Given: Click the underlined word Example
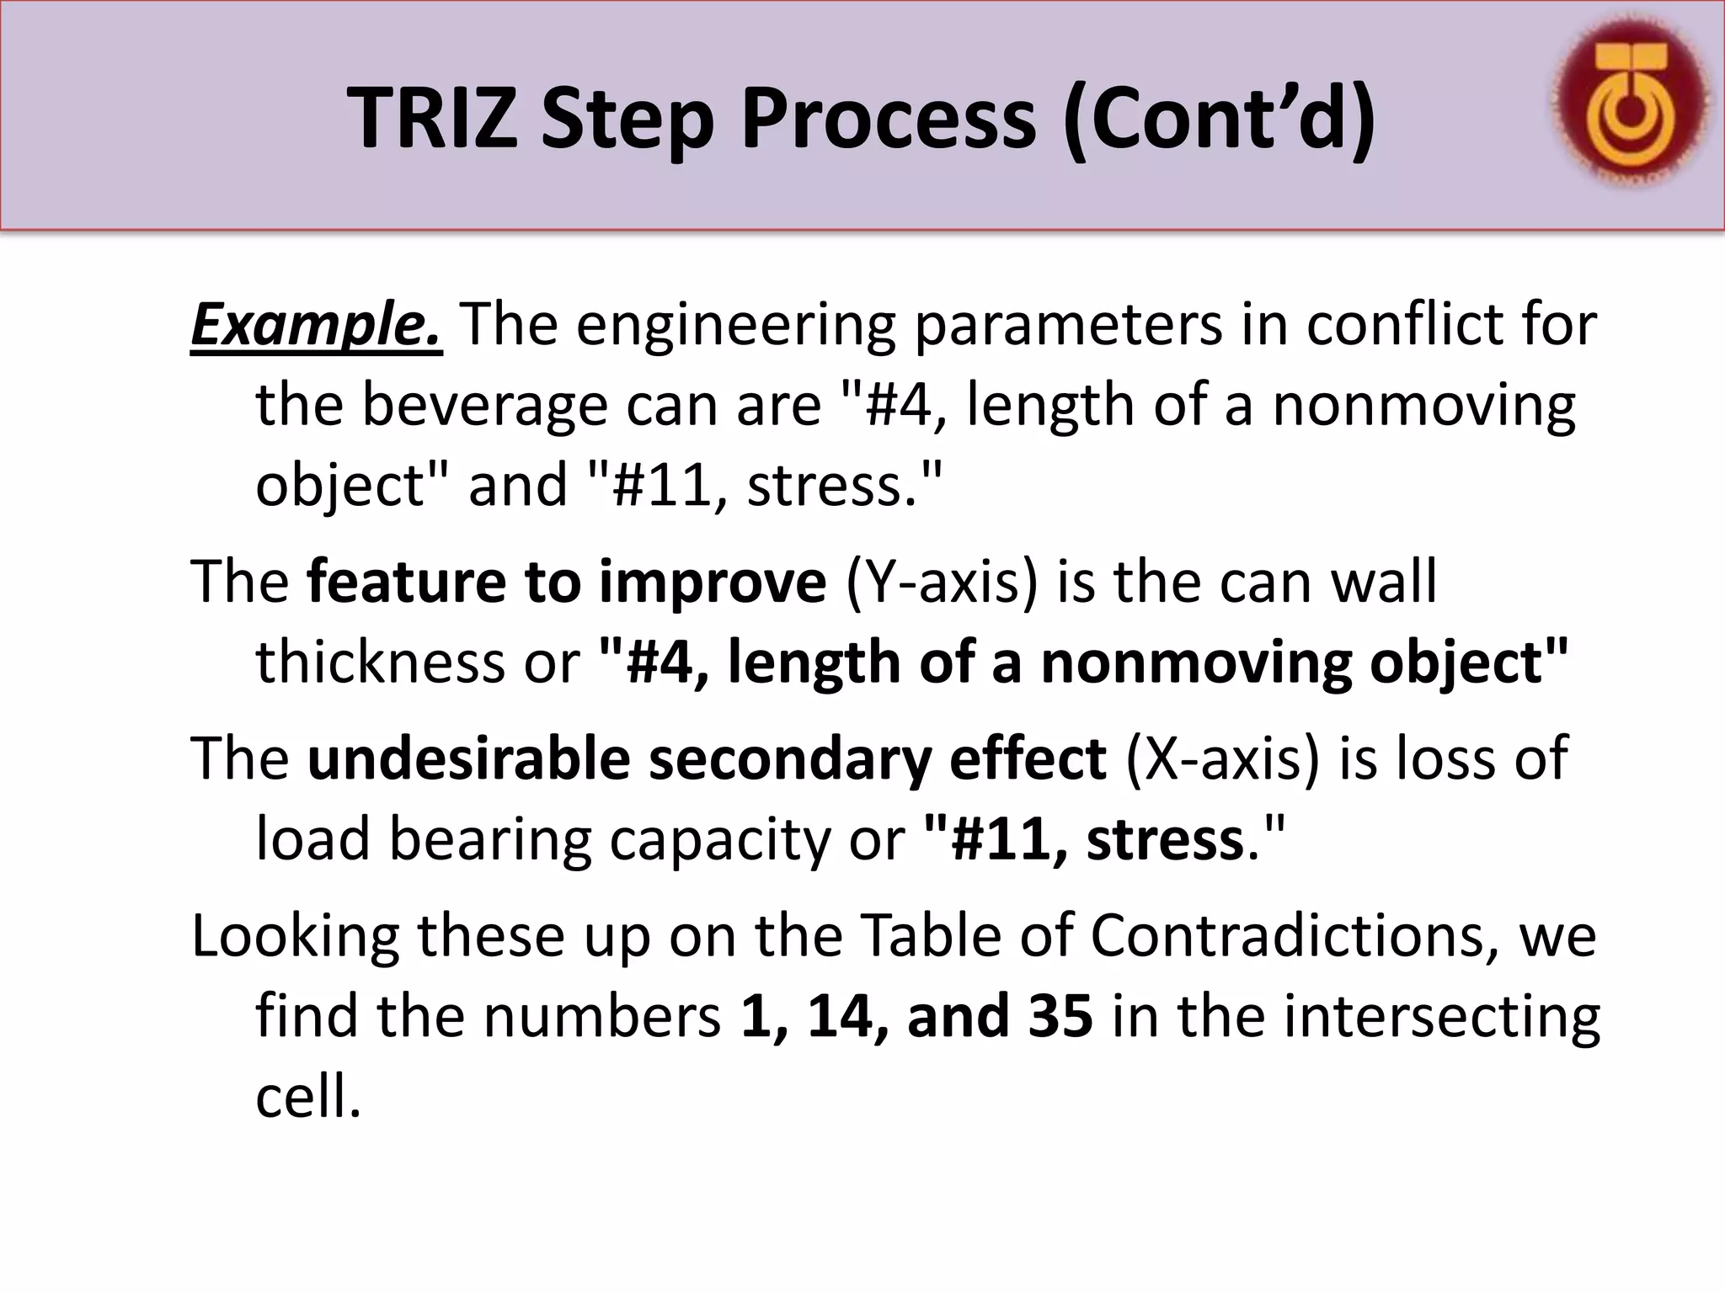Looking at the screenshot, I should click(316, 326).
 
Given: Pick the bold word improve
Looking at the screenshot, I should click(712, 583).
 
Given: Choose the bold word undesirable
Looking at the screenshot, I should click(468, 758).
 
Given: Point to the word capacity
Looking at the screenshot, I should click(719, 840).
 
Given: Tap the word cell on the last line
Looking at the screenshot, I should click(307, 1096).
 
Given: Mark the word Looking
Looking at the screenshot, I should click(295, 937).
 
